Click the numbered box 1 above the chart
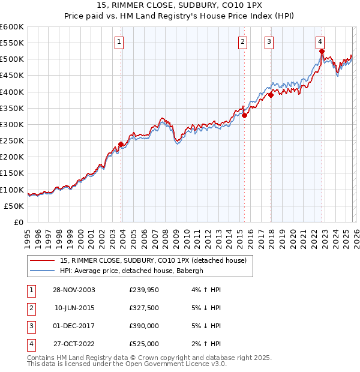(119, 41)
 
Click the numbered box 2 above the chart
(242, 41)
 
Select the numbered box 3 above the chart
(269, 41)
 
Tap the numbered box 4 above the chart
(320, 41)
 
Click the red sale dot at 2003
(121, 144)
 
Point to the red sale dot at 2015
(244, 116)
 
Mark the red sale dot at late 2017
(271, 95)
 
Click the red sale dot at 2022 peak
(322, 52)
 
